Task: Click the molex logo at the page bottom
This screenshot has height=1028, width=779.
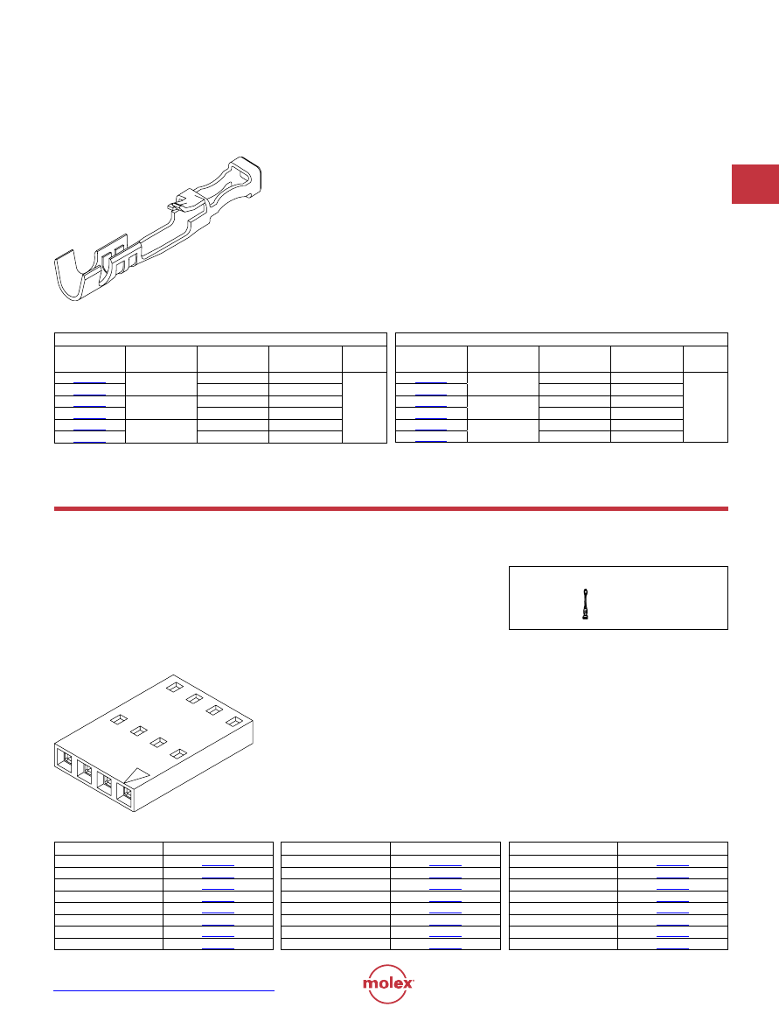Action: [388, 983]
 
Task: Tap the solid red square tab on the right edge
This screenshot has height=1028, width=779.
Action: [755, 185]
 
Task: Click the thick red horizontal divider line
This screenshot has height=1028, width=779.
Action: [391, 509]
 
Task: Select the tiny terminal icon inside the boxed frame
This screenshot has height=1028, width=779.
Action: [585, 604]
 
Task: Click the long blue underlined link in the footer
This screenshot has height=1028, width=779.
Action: [163, 990]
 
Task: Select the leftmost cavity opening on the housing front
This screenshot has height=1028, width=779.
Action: [66, 759]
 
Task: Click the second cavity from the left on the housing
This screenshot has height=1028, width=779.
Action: [85, 771]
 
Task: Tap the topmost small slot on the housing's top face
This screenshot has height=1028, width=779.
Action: [174, 687]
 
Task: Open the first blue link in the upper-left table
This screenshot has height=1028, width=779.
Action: [90, 383]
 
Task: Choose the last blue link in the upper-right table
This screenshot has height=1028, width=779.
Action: [431, 441]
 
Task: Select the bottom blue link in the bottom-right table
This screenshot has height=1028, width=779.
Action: [673, 948]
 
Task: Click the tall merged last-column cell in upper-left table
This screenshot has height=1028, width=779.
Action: [365, 408]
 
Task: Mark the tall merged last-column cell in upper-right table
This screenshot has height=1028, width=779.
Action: [706, 407]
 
